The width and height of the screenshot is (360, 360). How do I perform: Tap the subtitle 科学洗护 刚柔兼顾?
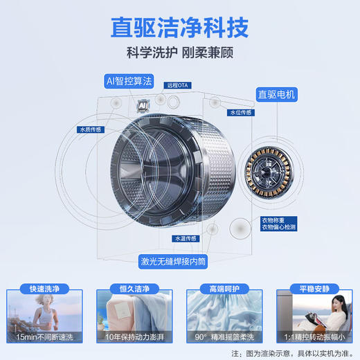(x=180, y=53)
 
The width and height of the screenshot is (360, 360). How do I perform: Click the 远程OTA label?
(x=178, y=86)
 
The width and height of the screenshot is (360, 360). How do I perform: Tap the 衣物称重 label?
(x=273, y=221)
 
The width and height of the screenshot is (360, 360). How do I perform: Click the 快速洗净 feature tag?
(x=44, y=289)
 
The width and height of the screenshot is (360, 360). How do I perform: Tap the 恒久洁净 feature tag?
(x=134, y=289)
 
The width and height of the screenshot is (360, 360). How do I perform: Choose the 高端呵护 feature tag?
(x=224, y=289)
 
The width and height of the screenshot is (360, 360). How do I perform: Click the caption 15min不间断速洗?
(x=44, y=336)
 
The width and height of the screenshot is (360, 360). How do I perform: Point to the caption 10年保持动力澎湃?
(x=134, y=336)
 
